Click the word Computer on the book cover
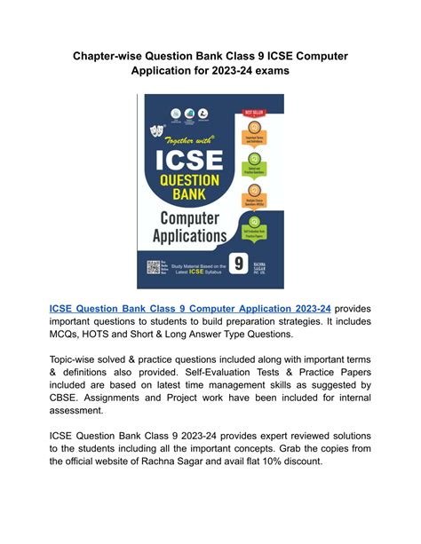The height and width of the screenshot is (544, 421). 186,217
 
